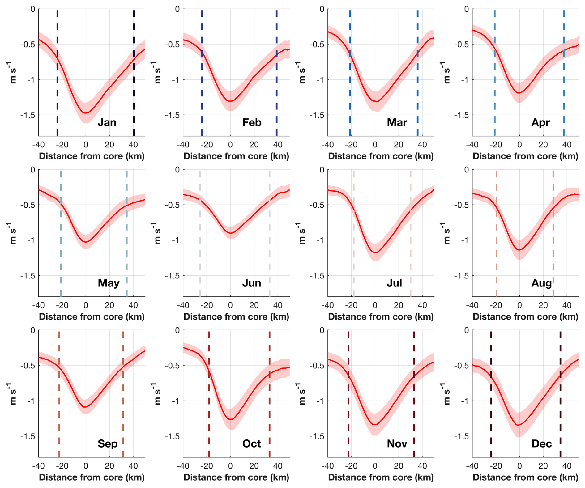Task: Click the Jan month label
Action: pyautogui.click(x=107, y=123)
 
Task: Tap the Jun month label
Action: pyautogui.click(x=251, y=283)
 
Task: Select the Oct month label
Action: pyautogui.click(x=251, y=444)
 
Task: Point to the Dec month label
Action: pyautogui.click(x=541, y=444)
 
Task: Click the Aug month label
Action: pyautogui.click(x=541, y=283)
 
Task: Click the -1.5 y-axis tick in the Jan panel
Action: pyautogui.click(x=28, y=115)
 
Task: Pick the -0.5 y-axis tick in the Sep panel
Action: pyautogui.click(x=28, y=366)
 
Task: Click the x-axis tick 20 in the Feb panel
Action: pyautogui.click(x=254, y=145)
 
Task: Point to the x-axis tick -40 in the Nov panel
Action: pyautogui.click(x=328, y=466)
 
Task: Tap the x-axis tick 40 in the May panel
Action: pyautogui.click(x=133, y=305)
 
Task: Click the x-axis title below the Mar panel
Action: pyautogui.click(x=381, y=156)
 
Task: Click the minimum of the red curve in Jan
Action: pyautogui.click(x=86, y=113)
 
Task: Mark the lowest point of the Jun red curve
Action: pyautogui.click(x=230, y=233)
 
